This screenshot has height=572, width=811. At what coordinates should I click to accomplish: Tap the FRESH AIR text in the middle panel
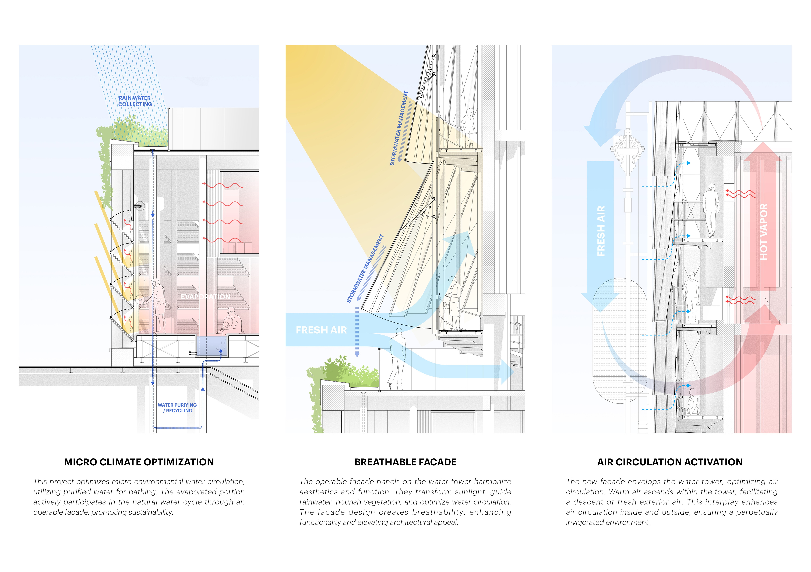pyautogui.click(x=321, y=330)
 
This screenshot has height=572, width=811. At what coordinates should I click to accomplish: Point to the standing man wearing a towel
pyautogui.click(x=159, y=305)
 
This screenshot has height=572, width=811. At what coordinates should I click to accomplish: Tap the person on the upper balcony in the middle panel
pyautogui.click(x=469, y=127)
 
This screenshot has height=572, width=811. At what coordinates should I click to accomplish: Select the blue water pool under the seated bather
pyautogui.click(x=211, y=346)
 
